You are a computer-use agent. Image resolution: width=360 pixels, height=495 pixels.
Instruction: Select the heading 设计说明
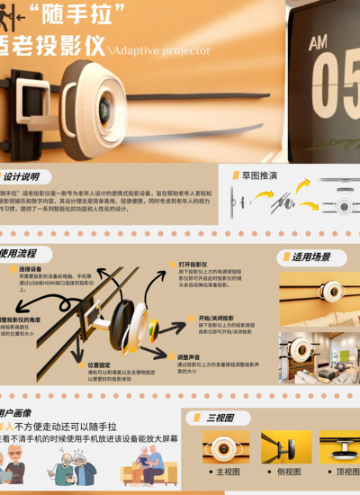click(x=22, y=176)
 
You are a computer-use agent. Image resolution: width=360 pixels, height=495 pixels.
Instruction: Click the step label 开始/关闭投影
click(x=216, y=318)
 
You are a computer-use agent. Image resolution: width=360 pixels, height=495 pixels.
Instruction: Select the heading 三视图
click(x=220, y=418)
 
